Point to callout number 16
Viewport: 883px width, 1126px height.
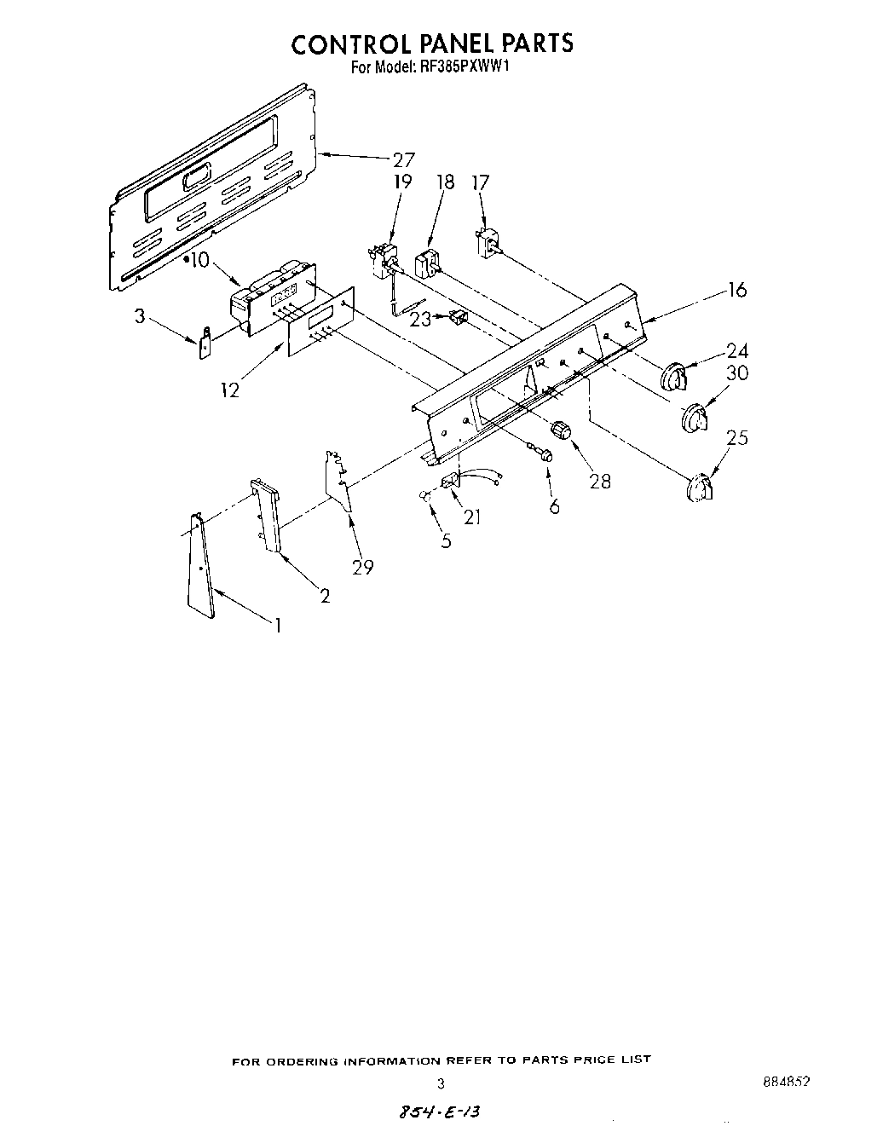pyautogui.click(x=736, y=290)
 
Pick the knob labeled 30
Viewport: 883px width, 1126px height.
pyautogui.click(x=695, y=419)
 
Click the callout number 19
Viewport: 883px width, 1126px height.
pyautogui.click(x=402, y=182)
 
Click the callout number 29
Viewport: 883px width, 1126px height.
pyautogui.click(x=363, y=566)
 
